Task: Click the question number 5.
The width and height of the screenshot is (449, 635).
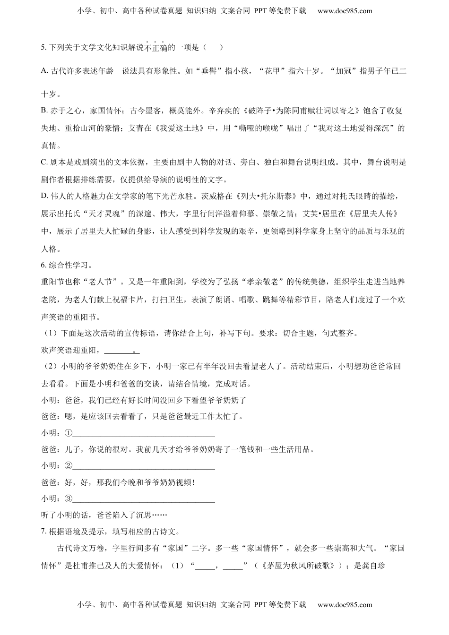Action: [43, 47]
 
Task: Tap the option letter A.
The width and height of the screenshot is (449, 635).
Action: [44, 71]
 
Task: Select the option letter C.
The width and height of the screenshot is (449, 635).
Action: [44, 162]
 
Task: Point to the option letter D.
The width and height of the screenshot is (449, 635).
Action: [44, 196]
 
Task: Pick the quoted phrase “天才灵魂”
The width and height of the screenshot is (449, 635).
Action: [105, 214]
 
